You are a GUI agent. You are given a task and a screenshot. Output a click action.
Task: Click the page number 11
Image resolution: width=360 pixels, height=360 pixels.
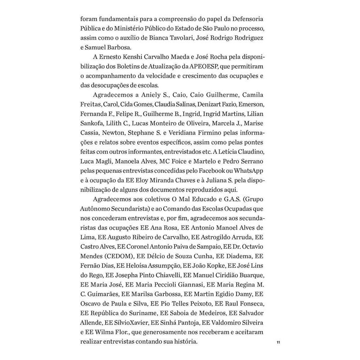click(x=278, y=343)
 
